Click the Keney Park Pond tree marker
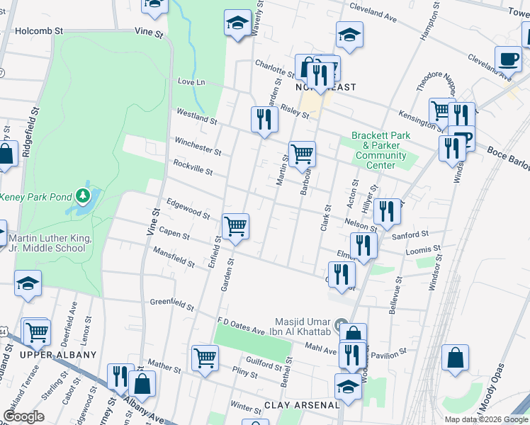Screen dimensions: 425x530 tap(84, 195)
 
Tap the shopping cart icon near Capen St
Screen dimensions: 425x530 tap(235, 227)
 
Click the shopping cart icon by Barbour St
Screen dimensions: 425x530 tap(303, 153)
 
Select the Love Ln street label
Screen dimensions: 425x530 tap(191, 82)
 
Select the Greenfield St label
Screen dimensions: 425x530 tap(171, 305)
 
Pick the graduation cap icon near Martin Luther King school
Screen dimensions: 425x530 tap(28, 283)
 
